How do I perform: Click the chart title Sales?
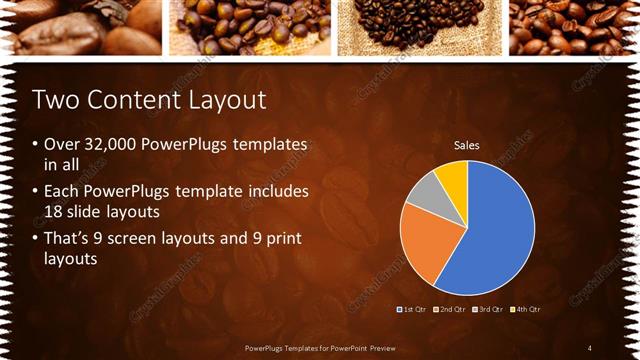(x=467, y=145)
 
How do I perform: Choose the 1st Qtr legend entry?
(x=414, y=309)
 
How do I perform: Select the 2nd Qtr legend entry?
(x=452, y=309)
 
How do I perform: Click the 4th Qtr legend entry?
(x=527, y=309)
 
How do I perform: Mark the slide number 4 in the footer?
(x=590, y=347)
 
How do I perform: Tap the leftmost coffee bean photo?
(x=80, y=27)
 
